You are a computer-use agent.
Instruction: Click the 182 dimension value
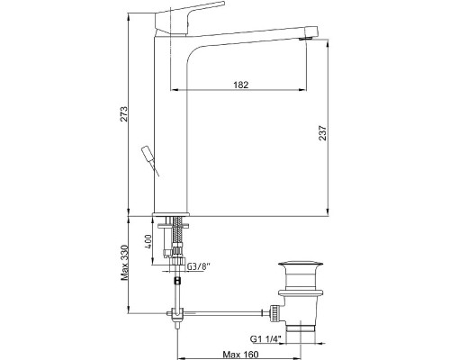point(241,85)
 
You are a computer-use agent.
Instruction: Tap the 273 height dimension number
point(124,114)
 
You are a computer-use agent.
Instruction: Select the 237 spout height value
point(322,132)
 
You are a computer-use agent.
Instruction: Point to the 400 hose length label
point(148,242)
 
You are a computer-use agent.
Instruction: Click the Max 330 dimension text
point(124,263)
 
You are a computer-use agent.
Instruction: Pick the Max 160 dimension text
point(240,355)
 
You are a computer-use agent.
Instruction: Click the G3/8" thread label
point(199,266)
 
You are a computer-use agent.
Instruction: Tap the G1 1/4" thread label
point(265,339)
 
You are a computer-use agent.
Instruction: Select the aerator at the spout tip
point(306,38)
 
